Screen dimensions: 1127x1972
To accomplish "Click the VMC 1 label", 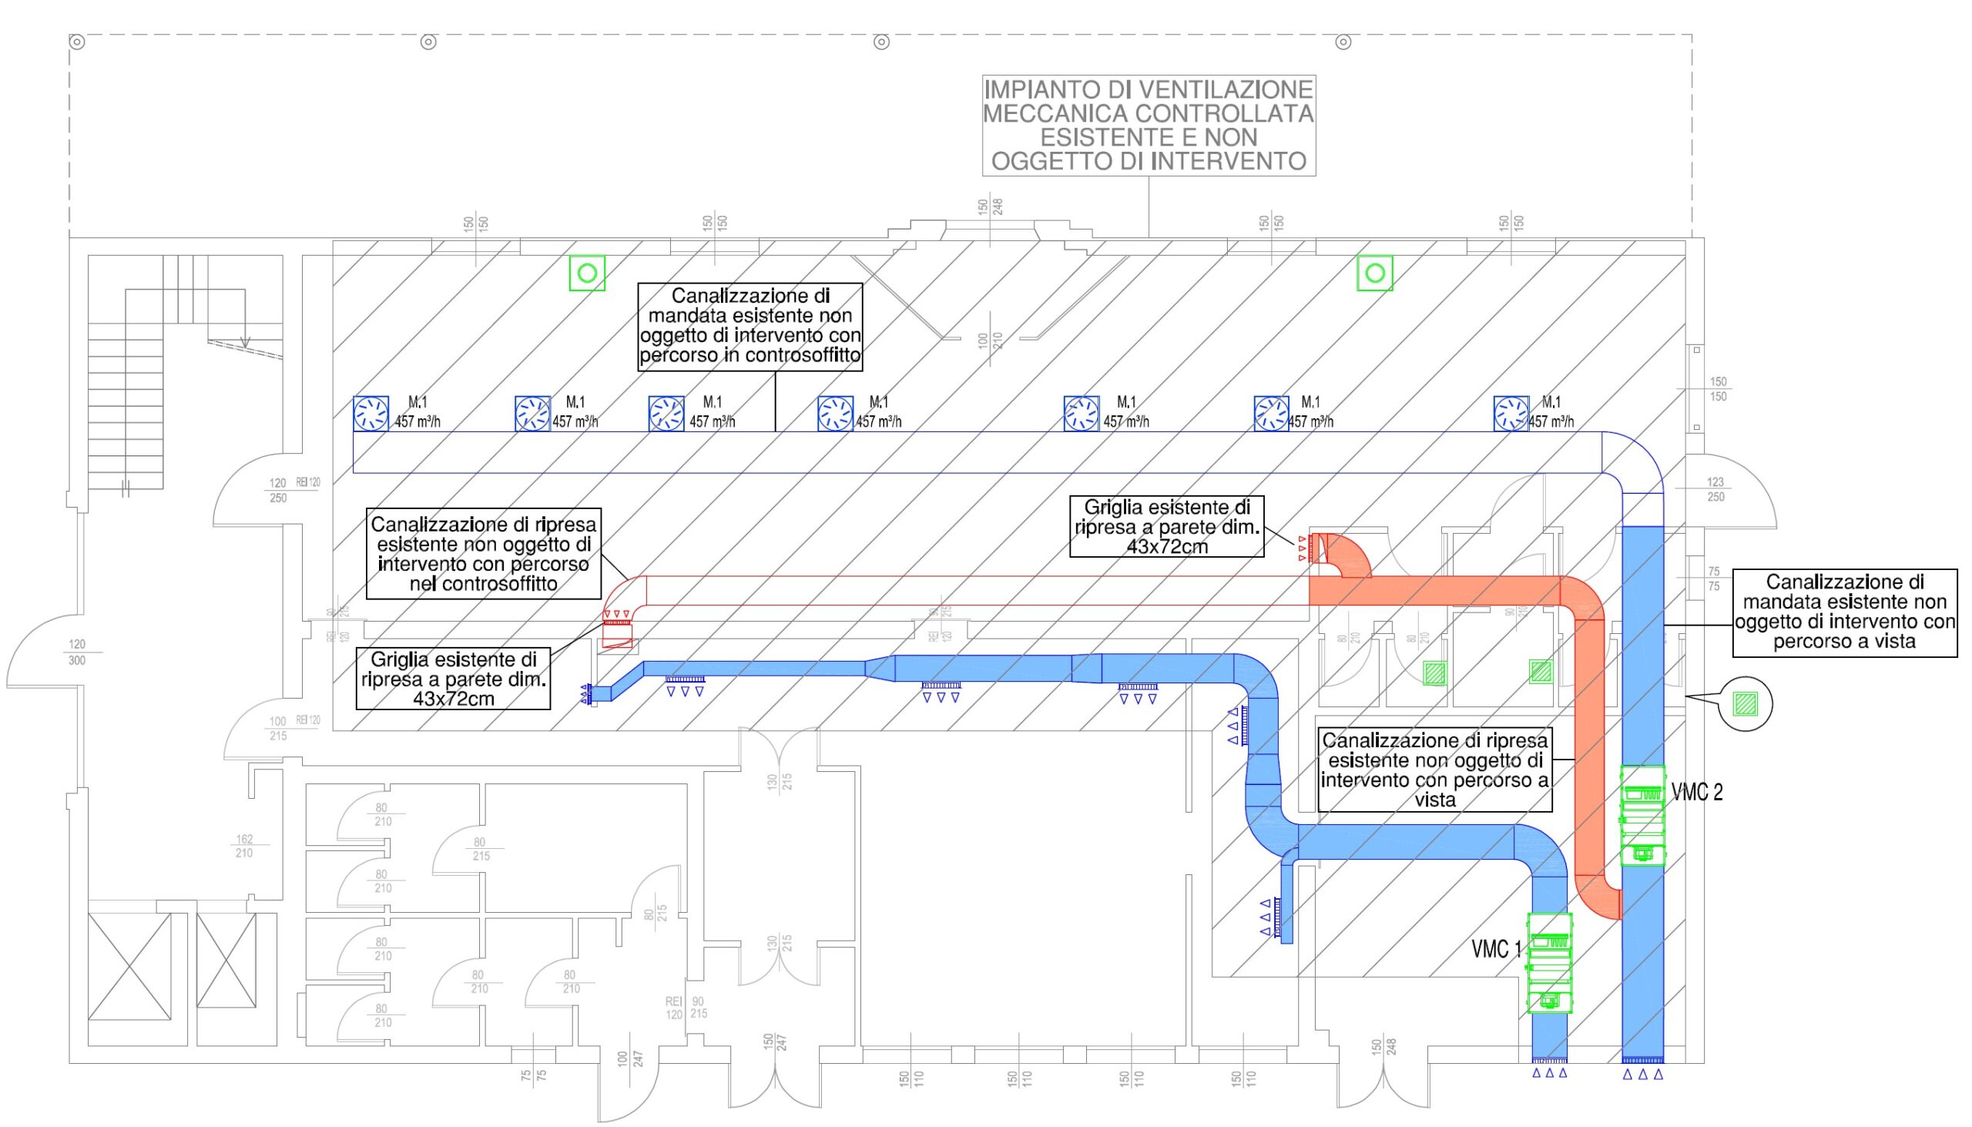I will pyautogui.click(x=1495, y=949).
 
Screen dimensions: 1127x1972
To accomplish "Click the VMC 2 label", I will pyautogui.click(x=1696, y=792).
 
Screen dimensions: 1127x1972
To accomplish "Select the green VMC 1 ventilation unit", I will pyautogui.click(x=1549, y=963).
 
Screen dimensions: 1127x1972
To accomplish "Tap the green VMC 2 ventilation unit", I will pyautogui.click(x=1642, y=816).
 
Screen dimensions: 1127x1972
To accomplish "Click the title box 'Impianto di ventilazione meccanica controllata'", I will pyautogui.click(x=1149, y=125).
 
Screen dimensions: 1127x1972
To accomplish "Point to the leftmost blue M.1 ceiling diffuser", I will pyautogui.click(x=371, y=414).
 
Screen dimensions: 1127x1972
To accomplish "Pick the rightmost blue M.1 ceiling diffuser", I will pyautogui.click(x=1511, y=414).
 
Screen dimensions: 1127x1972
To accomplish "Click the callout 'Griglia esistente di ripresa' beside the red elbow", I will pyautogui.click(x=1166, y=526).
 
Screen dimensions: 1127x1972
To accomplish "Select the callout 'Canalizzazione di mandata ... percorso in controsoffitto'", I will pyautogui.click(x=750, y=326).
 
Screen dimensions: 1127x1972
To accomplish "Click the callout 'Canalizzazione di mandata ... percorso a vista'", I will pyautogui.click(x=1844, y=612).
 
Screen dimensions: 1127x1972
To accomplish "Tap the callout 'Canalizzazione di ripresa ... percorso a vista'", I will pyautogui.click(x=1435, y=770).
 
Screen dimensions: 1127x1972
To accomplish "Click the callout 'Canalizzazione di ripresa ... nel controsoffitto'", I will pyautogui.click(x=483, y=553).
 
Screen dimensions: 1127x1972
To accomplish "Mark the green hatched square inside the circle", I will pyautogui.click(x=1745, y=703).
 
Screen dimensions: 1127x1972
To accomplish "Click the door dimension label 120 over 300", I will pyautogui.click(x=76, y=652).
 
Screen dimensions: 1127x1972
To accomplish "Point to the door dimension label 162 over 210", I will pyautogui.click(x=243, y=845).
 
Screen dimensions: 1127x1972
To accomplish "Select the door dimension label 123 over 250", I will pyautogui.click(x=1715, y=489).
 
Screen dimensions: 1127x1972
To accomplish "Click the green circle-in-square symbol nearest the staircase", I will pyautogui.click(x=587, y=273).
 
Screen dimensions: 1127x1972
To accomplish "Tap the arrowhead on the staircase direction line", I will pyautogui.click(x=245, y=343).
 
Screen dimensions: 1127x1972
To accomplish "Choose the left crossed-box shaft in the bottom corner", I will pyautogui.click(x=129, y=966).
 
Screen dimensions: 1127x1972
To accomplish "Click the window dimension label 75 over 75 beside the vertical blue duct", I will pyautogui.click(x=1713, y=579).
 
